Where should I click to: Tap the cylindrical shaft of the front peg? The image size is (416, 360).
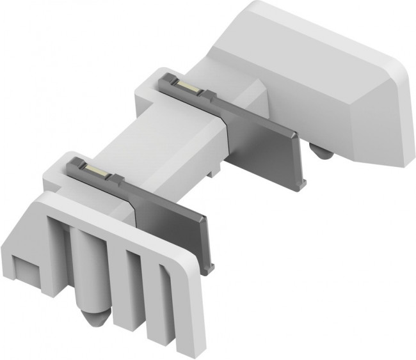pyautogui.click(x=88, y=265)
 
